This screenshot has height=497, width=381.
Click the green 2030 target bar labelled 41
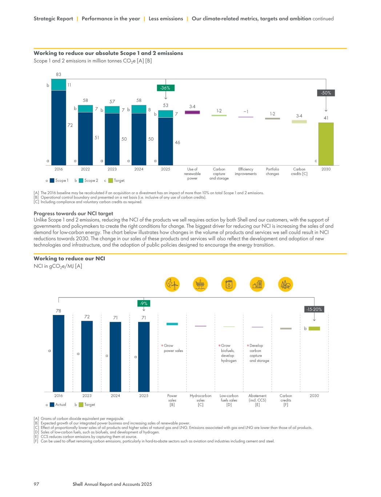326,144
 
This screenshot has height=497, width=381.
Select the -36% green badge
165,88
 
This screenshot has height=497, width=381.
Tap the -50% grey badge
326,93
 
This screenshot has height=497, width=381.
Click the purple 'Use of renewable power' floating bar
192,112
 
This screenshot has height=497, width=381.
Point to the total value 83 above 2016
59,74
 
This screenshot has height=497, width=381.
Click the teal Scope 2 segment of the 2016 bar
59,84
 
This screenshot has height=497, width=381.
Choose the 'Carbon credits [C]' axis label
299,171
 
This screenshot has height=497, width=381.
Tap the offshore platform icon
200,284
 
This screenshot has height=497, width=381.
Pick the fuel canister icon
229,284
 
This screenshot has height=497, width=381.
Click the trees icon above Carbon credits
285,284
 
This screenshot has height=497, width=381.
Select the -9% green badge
144,303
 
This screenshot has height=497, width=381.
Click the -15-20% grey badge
314,309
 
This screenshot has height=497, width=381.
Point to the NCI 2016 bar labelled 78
59,353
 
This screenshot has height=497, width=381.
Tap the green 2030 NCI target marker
314,328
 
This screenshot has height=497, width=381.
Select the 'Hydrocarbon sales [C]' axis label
200,400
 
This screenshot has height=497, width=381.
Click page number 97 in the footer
36,484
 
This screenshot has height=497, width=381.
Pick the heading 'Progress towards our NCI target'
73,213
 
